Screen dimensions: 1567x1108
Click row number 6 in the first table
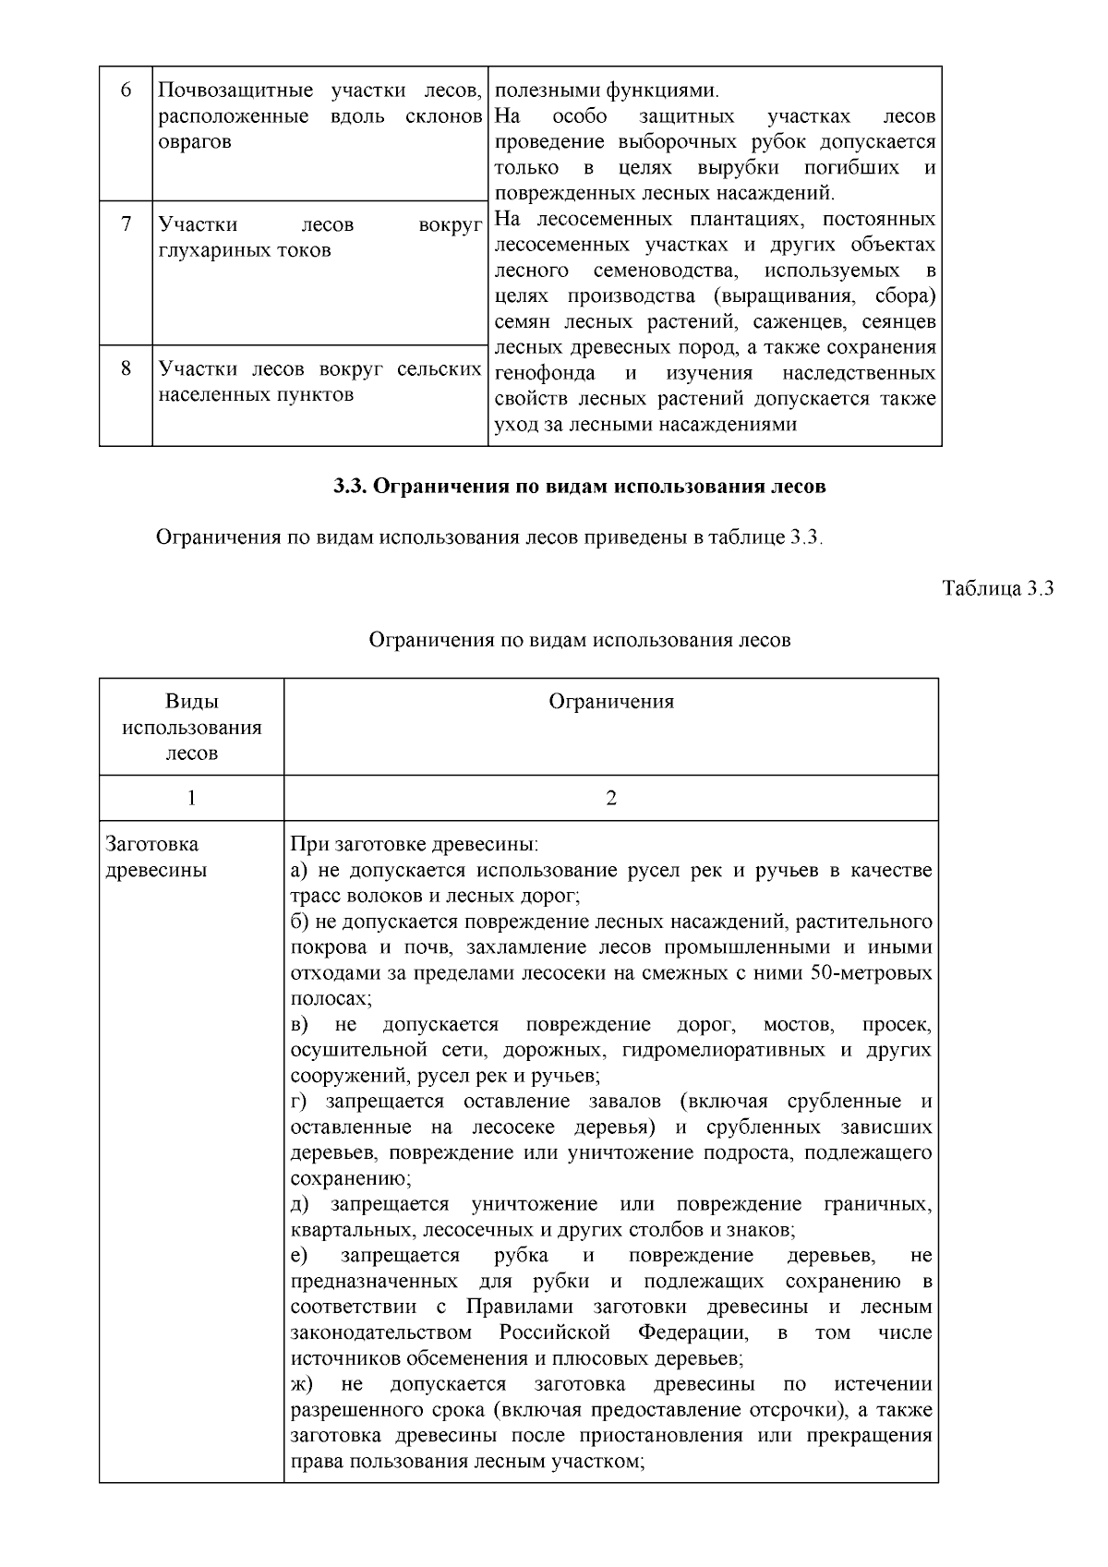point(126,90)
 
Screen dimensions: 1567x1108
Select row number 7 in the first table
point(126,224)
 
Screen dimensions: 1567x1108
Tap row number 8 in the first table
point(126,368)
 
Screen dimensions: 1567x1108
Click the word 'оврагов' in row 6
point(195,142)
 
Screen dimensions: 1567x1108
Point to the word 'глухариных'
point(207,250)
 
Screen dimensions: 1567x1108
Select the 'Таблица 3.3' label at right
point(997,588)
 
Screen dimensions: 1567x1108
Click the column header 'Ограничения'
point(611,702)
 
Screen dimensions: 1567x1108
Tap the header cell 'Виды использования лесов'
point(192,727)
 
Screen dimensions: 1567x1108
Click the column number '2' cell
point(611,798)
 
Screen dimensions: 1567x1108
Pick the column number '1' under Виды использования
point(192,798)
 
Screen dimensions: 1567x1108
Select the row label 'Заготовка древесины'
point(157,857)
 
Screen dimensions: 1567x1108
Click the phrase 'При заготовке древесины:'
point(414,844)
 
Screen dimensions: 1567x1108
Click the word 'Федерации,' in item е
point(692,1332)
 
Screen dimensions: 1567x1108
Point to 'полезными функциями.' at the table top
point(607,90)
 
